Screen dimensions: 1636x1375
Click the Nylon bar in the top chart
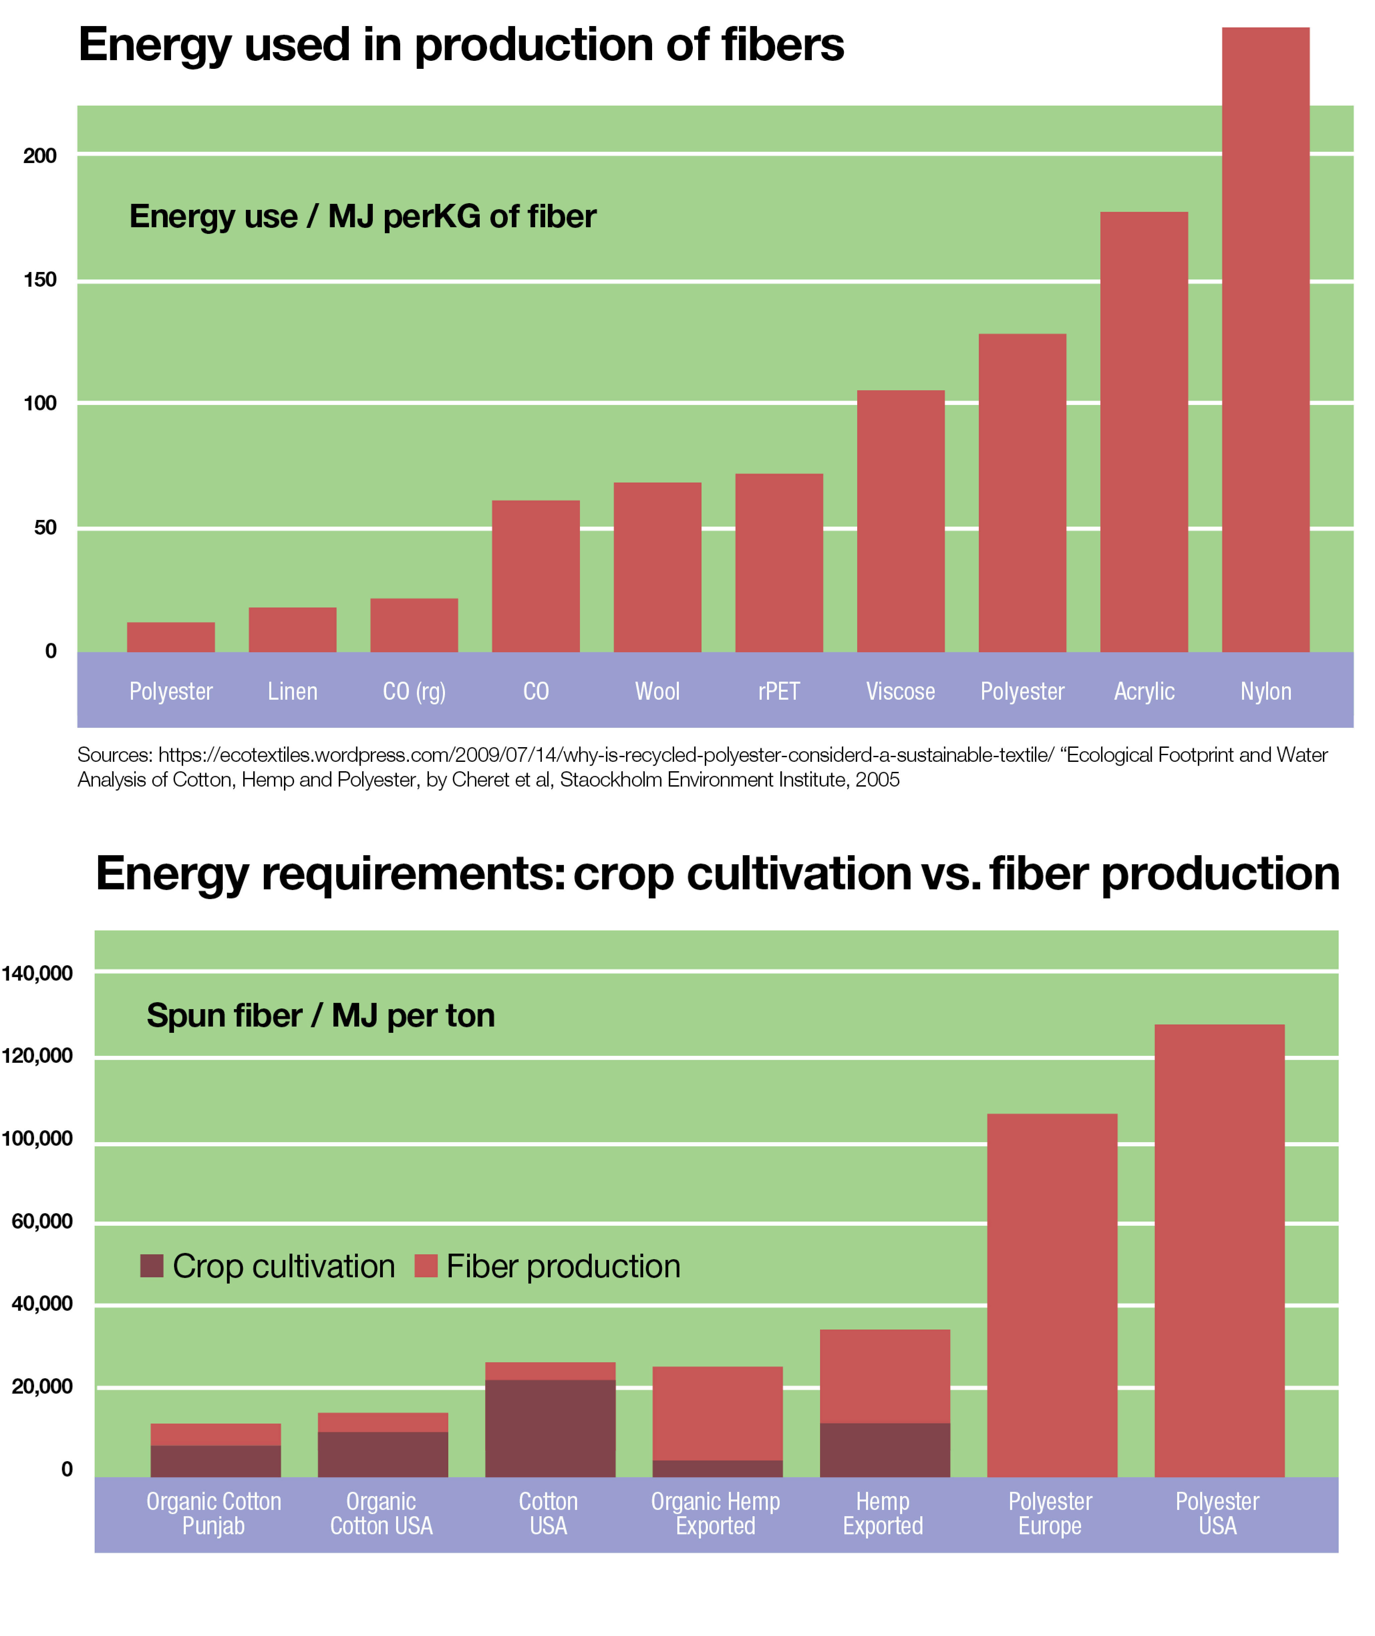1265,339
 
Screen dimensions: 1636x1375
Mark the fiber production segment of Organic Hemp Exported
717,1413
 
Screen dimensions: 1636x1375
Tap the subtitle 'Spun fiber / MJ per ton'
320,1015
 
